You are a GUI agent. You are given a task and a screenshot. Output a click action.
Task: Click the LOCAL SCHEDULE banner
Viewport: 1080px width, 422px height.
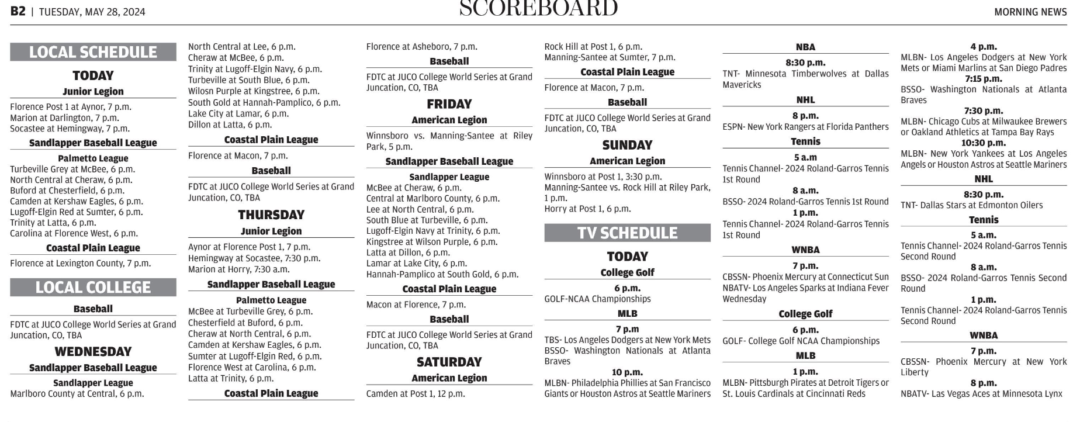(x=93, y=52)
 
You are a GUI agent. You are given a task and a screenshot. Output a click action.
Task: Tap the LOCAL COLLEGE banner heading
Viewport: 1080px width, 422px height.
(x=93, y=287)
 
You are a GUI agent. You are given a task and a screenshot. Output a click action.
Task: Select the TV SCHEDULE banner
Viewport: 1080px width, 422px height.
(x=627, y=233)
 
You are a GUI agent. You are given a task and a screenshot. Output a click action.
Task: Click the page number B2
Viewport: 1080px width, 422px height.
(x=18, y=11)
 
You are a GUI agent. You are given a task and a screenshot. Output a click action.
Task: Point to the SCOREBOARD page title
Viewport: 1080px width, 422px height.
(x=538, y=8)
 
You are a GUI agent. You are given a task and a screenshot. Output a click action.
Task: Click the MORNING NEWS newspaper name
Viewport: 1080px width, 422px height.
(x=1030, y=12)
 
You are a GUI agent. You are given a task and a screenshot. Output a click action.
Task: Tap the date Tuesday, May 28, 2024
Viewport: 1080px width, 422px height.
(x=92, y=12)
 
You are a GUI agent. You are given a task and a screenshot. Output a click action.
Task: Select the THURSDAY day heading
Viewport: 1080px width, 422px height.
(x=271, y=215)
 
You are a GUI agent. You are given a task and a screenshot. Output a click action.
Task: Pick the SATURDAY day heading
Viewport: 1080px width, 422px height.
(x=449, y=362)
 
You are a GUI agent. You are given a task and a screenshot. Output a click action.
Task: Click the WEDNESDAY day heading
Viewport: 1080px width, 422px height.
(x=93, y=351)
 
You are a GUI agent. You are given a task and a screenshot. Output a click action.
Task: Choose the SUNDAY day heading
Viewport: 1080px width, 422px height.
(x=627, y=145)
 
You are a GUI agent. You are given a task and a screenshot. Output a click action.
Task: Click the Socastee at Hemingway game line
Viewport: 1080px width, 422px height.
(x=70, y=129)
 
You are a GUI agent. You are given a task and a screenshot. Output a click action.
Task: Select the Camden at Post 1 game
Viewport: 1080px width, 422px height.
(x=416, y=393)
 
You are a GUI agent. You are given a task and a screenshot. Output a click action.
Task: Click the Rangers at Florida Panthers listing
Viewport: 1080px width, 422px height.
(x=805, y=127)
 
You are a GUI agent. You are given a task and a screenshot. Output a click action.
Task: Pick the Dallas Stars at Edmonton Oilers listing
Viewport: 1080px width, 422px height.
(x=971, y=205)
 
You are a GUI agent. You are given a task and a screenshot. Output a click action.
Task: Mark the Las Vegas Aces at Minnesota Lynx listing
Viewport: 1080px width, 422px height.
(x=981, y=393)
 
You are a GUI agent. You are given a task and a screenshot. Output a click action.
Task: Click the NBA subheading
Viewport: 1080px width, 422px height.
(x=805, y=47)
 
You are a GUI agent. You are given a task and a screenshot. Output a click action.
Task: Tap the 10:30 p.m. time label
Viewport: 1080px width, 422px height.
(x=984, y=143)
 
